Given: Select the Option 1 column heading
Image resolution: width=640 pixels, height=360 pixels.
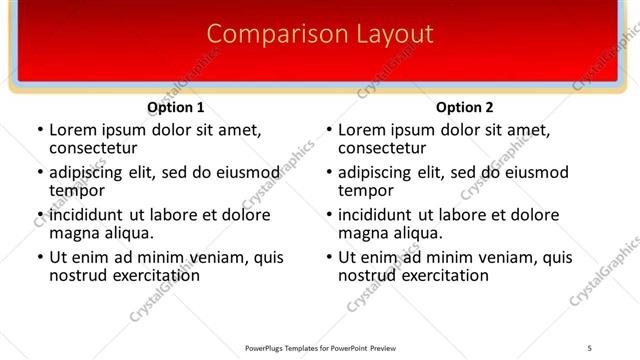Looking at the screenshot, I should click(176, 107).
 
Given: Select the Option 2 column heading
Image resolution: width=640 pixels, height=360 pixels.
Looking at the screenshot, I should click(465, 107).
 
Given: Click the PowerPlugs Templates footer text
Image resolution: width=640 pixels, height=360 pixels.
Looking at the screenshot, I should click(320, 347).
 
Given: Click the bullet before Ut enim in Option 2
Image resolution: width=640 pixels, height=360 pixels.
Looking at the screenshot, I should click(330, 257).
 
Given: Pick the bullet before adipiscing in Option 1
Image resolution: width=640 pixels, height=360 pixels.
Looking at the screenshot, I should click(41, 172).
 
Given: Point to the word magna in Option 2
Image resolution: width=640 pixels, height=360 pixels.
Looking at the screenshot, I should click(362, 232).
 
